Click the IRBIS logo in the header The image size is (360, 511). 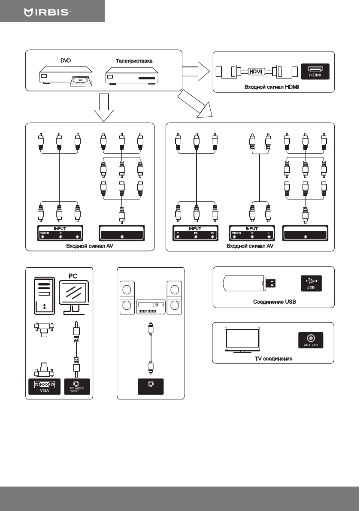(47, 12)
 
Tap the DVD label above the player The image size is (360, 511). (65, 61)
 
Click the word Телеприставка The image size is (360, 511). (134, 61)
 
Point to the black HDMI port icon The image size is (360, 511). (315, 72)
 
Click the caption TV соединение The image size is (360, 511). (273, 358)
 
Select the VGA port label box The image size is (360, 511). (44, 387)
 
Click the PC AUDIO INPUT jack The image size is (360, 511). (77, 385)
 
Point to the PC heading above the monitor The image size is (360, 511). (74, 275)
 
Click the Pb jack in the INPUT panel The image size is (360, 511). (196, 236)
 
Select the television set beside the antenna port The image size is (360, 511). (243, 340)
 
